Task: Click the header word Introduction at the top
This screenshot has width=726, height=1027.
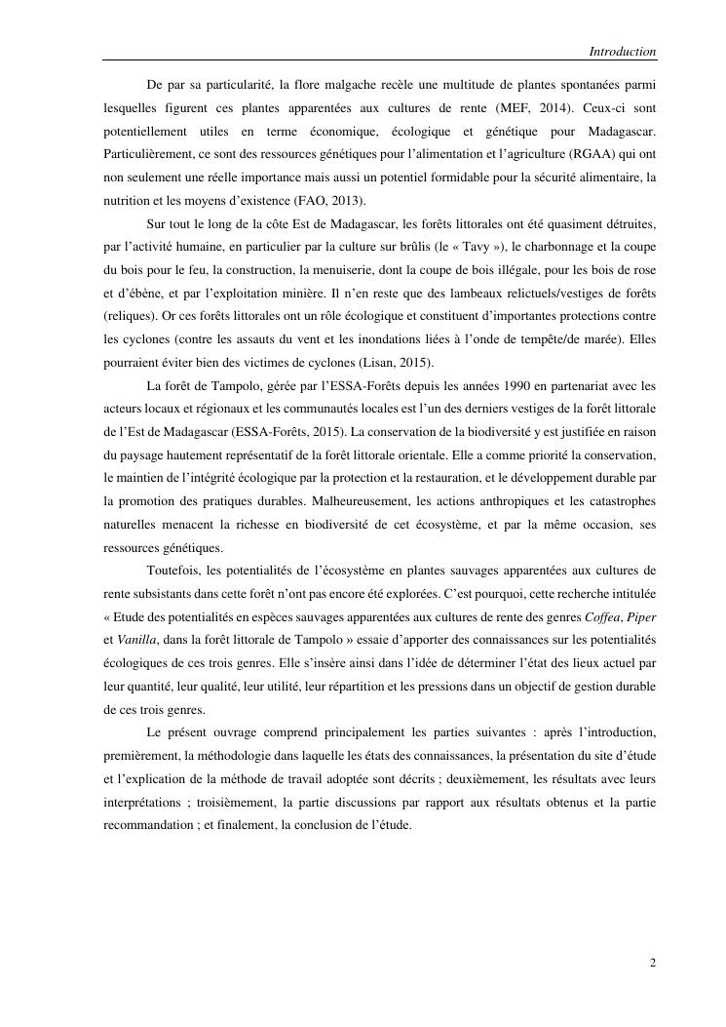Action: coord(622,52)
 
